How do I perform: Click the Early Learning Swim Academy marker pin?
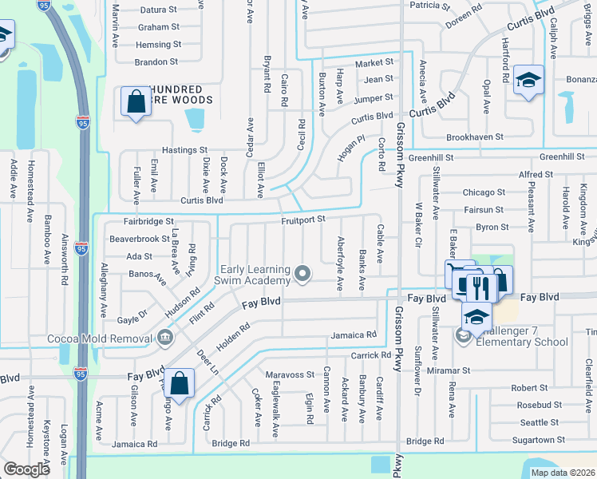point(302,274)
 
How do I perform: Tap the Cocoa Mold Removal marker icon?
point(165,337)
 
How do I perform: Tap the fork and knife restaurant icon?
point(478,284)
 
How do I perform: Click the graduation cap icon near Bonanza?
point(528,80)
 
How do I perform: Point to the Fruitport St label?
point(304,219)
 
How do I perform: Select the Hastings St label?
point(184,149)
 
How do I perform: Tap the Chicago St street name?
point(484,192)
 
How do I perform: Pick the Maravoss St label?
point(291,374)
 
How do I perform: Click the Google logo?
point(27,469)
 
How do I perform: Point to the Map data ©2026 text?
point(563,473)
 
